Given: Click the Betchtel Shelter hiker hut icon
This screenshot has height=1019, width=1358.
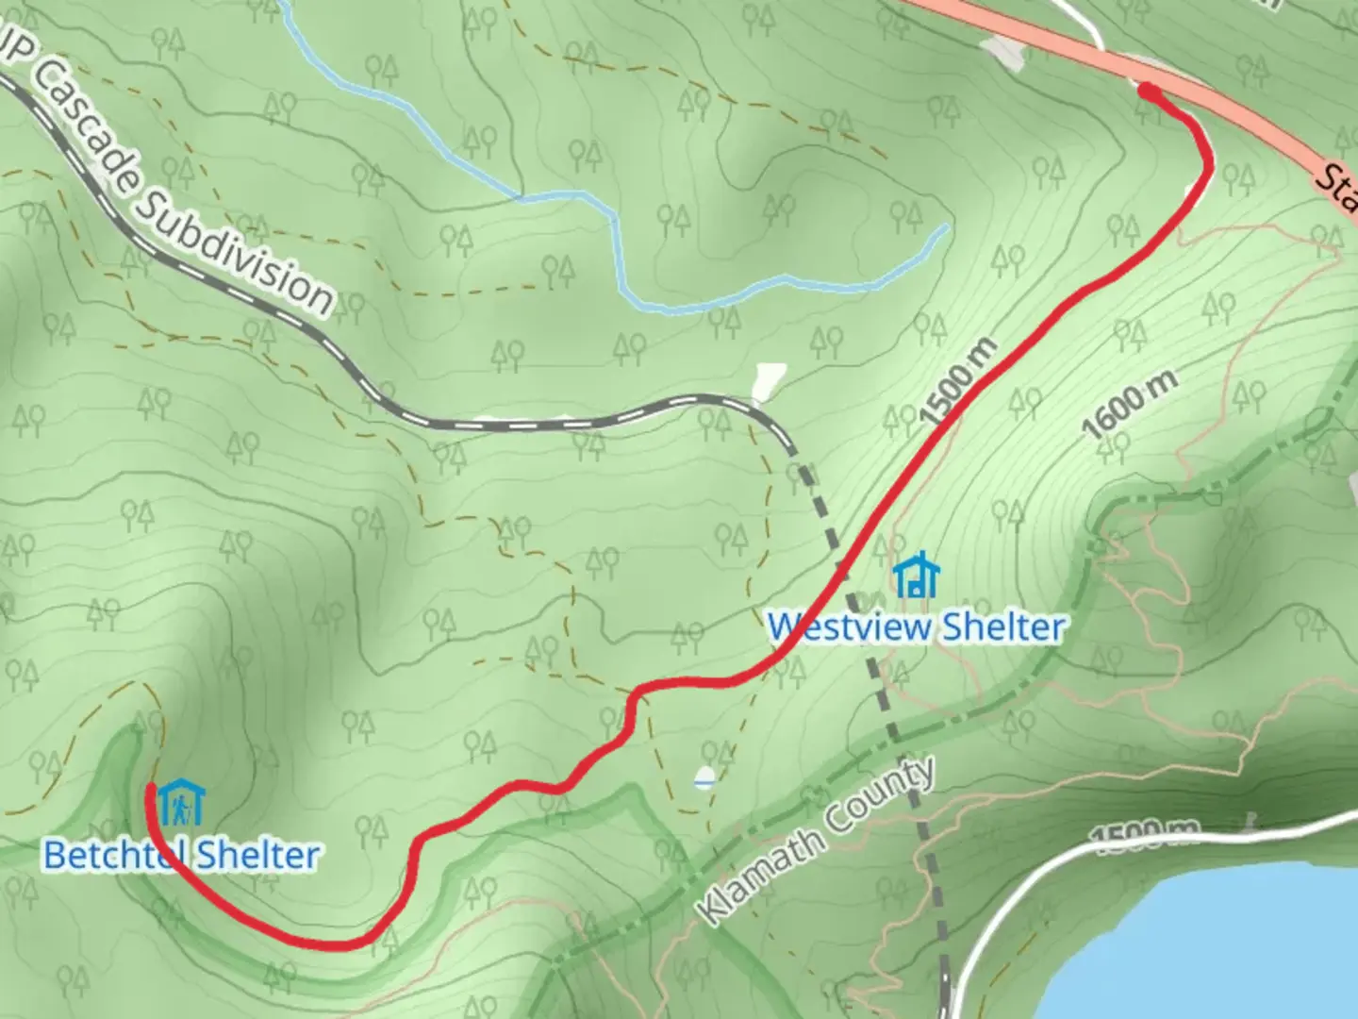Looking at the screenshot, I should click(x=180, y=802).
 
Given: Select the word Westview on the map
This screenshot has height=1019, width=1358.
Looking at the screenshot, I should click(x=849, y=627).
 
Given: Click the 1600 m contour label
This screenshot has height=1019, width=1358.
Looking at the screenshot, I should click(x=1129, y=403).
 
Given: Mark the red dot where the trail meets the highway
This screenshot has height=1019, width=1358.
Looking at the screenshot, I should click(x=1148, y=91).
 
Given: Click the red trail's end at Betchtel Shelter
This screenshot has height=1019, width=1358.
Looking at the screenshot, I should click(x=150, y=787).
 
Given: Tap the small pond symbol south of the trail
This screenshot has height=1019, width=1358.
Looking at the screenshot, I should click(x=703, y=779).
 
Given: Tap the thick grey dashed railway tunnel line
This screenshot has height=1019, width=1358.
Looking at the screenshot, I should click(x=877, y=679).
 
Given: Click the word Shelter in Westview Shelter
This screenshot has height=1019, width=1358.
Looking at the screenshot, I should click(x=1004, y=627).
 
